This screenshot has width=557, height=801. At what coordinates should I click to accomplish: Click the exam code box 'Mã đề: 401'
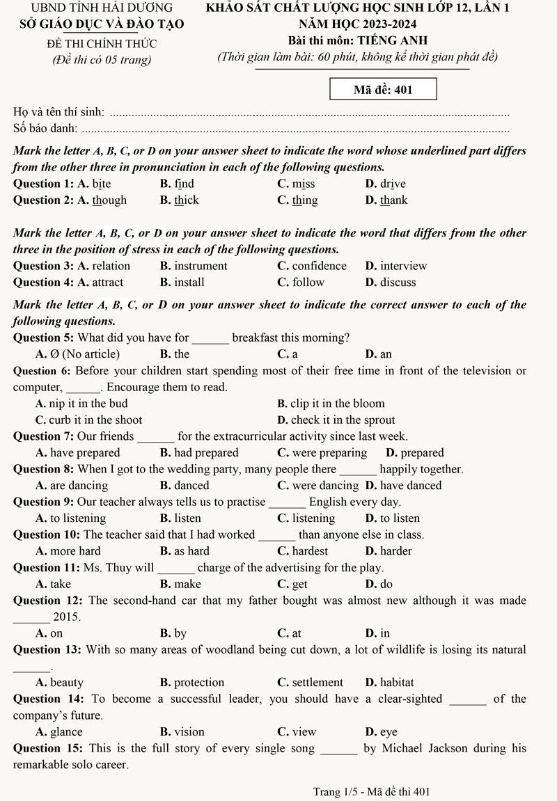[384, 90]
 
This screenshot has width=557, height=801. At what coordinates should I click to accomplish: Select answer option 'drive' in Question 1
[393, 184]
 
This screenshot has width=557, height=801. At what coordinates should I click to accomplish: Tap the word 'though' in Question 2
[109, 200]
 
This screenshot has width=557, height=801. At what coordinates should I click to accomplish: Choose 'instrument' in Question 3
[201, 266]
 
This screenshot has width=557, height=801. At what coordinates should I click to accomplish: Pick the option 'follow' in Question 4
[308, 283]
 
